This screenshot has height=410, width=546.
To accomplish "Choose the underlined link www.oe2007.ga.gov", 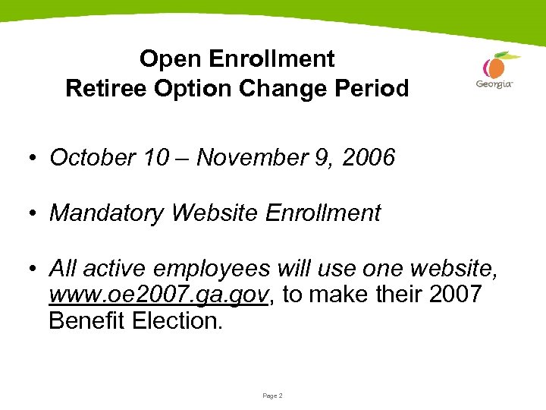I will pos(158,295).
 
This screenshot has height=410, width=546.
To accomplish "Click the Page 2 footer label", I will pos(272,396).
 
